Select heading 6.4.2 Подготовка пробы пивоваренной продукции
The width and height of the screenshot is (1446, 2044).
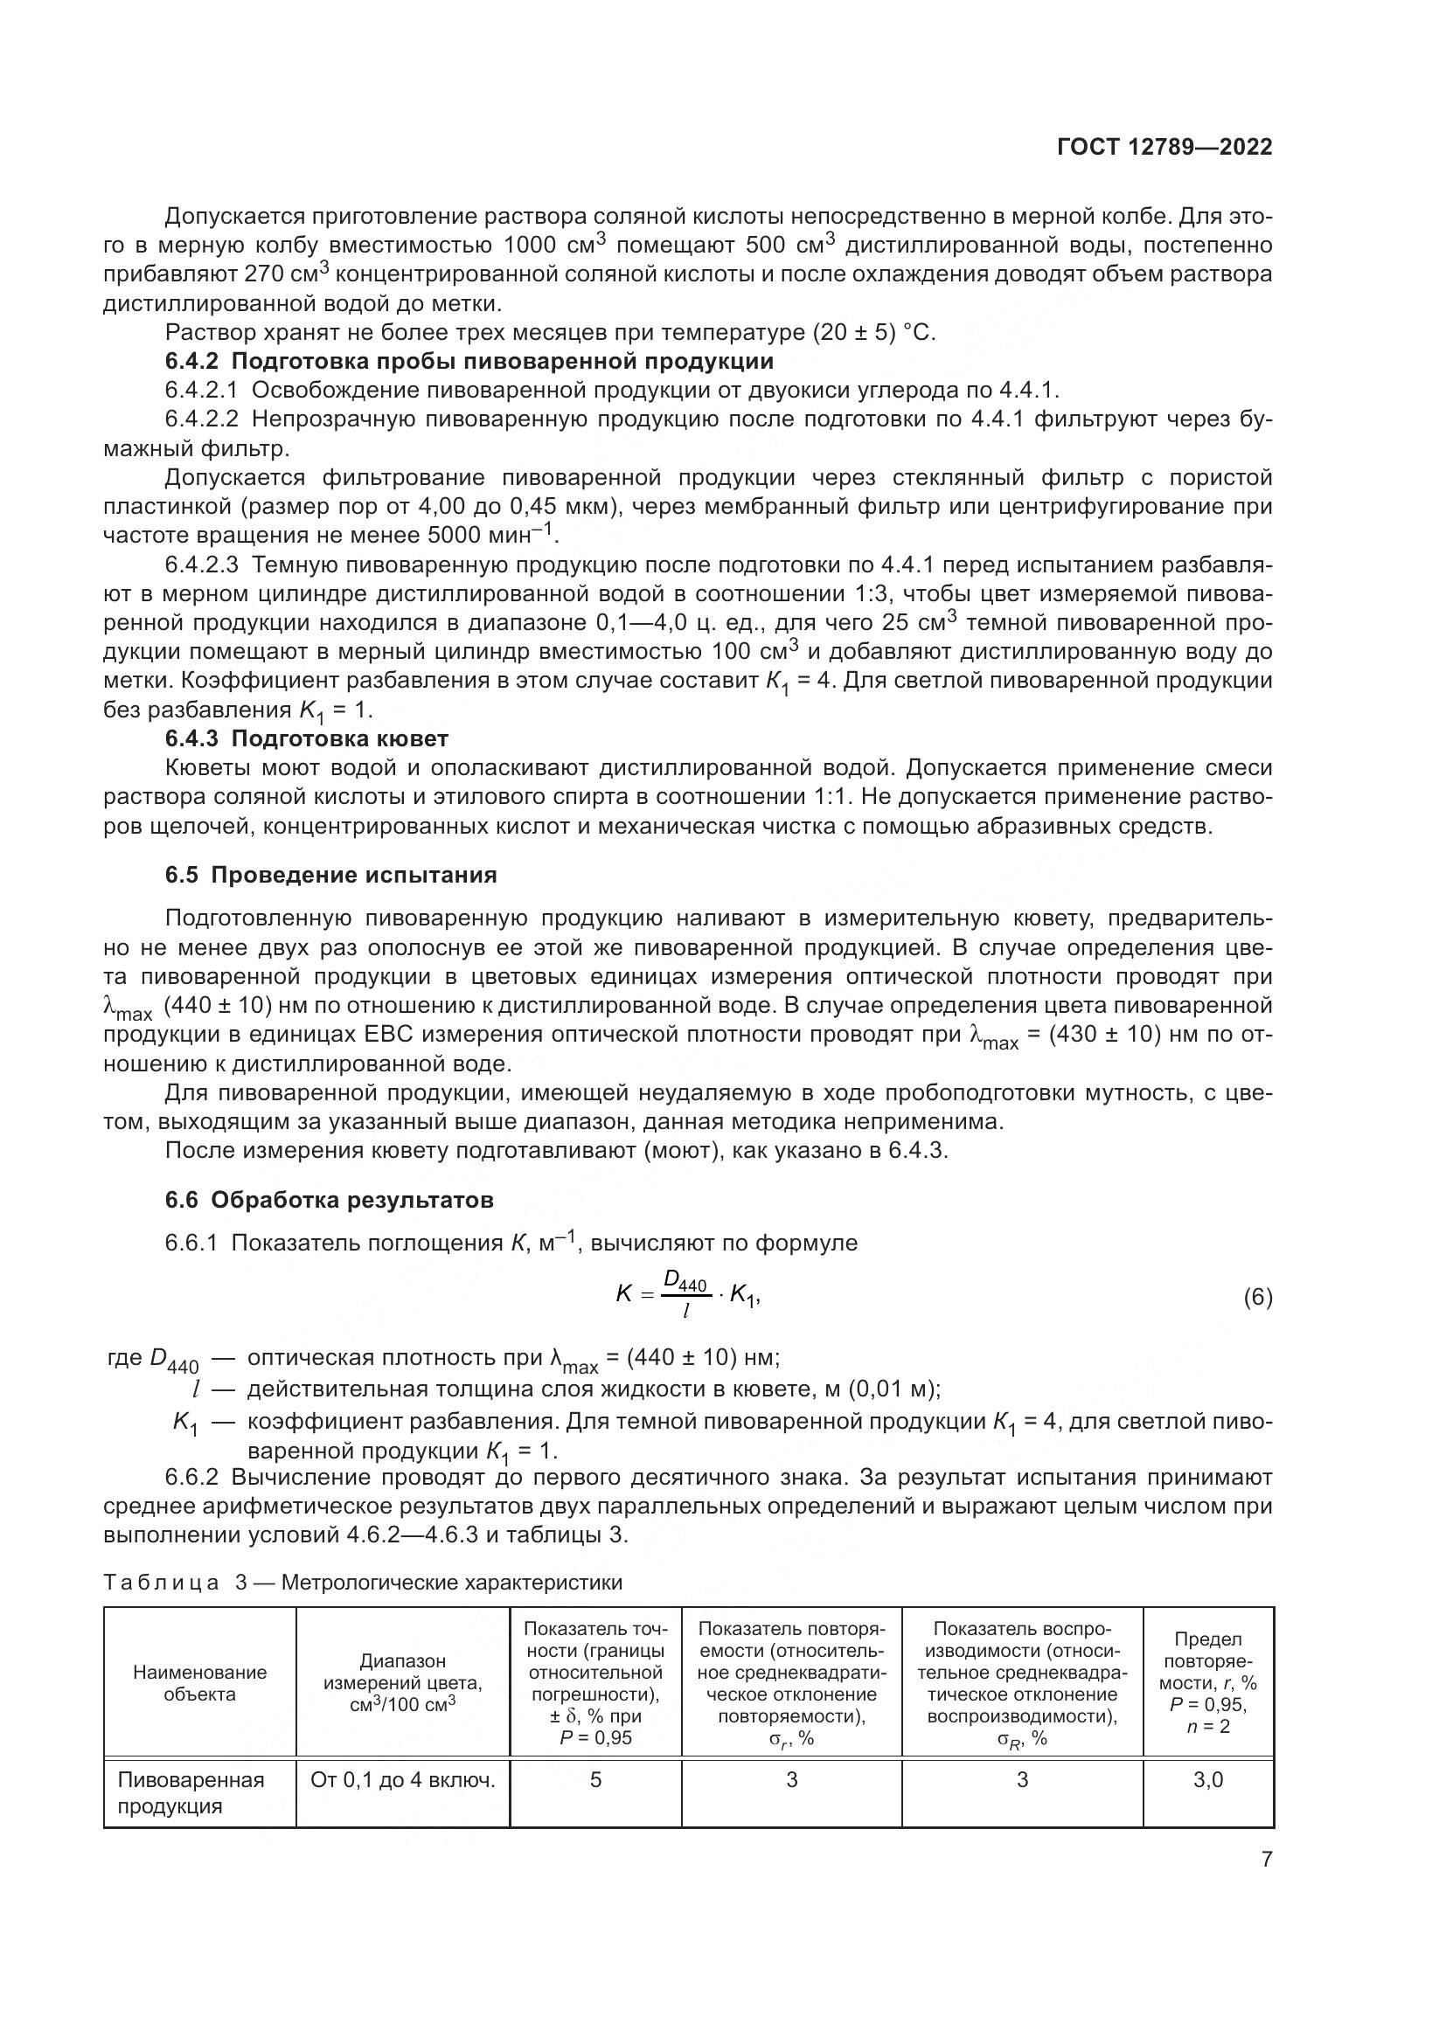469,362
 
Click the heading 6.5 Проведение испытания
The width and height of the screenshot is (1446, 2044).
331,875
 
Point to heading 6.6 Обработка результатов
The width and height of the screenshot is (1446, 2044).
330,1200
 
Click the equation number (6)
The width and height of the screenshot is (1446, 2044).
1257,1298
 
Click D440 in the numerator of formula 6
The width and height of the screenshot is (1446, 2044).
685,1283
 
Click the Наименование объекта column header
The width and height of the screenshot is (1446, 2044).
199,1682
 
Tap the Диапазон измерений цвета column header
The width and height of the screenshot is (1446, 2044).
402,1682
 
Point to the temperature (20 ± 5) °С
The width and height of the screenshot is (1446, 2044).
873,333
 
